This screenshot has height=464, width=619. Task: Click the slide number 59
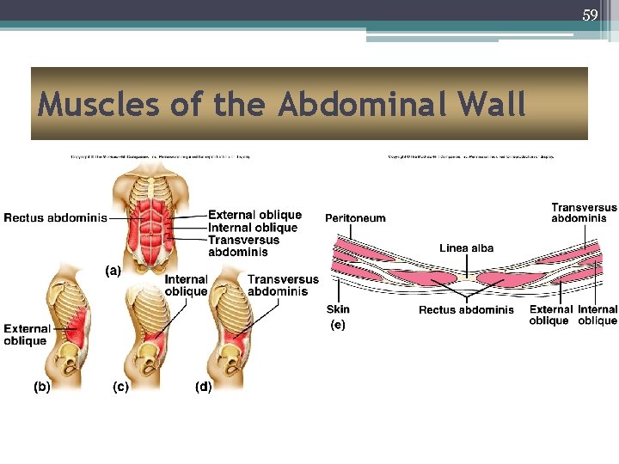590,15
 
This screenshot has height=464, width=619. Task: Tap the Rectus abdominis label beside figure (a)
55,218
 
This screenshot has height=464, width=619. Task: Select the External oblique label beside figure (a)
254,215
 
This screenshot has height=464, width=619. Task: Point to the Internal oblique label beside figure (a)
253,228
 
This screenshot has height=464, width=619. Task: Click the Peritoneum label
355,218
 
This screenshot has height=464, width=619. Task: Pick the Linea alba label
466,248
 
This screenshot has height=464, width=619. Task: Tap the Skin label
338,309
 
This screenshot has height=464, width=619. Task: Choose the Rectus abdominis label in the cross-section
466,310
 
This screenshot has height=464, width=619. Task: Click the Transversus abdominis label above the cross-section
584,212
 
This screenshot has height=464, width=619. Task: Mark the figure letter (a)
113,271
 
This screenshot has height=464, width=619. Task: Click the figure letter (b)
41,387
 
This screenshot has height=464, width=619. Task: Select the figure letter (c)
121,387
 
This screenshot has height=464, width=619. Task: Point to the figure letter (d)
203,387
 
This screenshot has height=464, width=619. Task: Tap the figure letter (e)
338,325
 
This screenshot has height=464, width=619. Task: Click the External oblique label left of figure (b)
26,335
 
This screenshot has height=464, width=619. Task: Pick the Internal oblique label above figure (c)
186,285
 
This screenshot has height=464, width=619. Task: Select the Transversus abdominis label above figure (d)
283,285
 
